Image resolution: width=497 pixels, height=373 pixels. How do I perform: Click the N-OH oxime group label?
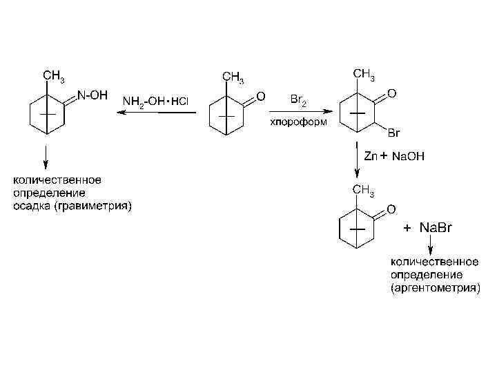[92, 96]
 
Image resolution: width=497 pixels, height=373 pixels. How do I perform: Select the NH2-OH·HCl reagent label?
[155, 101]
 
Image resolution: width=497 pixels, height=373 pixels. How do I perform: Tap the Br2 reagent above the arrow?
[299, 101]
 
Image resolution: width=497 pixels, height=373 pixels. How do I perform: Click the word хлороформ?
[299, 122]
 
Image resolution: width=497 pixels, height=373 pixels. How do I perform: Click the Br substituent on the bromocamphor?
[394, 132]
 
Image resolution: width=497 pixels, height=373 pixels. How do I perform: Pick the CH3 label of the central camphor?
[232, 76]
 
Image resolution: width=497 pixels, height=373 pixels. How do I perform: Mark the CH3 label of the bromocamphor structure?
[364, 74]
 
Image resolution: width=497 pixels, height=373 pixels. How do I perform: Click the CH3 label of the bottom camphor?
[364, 190]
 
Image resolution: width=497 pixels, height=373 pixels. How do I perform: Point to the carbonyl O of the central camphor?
[260, 95]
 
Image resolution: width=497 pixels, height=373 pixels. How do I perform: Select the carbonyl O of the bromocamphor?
[391, 92]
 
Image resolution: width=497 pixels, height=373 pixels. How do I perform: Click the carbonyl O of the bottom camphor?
[391, 209]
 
